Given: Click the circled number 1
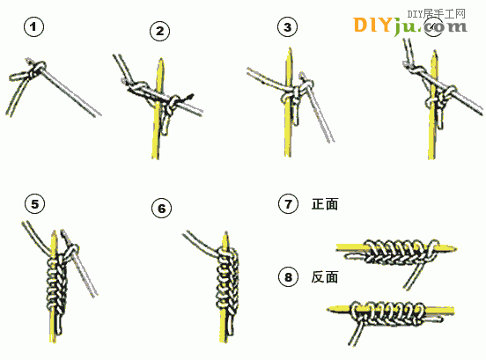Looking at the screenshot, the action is tap(33, 27).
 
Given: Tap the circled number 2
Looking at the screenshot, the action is tap(159, 31).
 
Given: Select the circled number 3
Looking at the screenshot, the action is tap(287, 27).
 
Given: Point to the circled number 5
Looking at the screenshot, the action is tap(34, 204).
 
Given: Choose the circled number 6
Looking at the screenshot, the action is tap(161, 209).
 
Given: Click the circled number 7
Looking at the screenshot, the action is tap(288, 204).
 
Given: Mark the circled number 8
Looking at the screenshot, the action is tap(288, 276).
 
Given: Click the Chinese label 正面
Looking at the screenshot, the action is tap(325, 204).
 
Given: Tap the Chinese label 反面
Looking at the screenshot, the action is tap(325, 277).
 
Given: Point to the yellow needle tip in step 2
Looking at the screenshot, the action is tap(161, 60).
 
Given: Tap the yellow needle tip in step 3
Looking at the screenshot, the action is tap(290, 49).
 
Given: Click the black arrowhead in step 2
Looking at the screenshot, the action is tap(189, 97).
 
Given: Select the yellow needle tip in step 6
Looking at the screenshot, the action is tap(225, 233).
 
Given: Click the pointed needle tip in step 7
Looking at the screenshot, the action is tap(455, 248).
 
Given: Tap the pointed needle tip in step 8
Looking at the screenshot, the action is tap(328, 309).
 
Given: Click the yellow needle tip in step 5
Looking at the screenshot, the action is tap(54, 232).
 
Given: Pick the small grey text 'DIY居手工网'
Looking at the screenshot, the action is tap(436, 14).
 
